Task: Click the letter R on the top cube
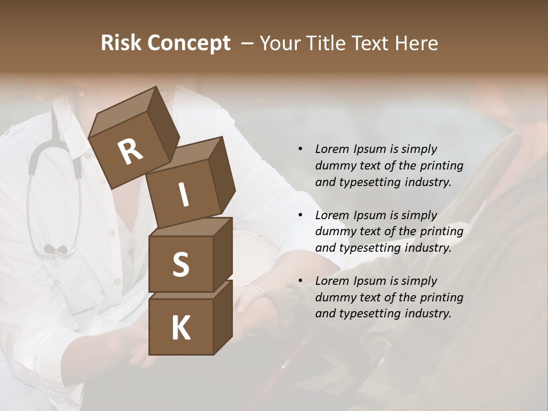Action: tap(130, 151)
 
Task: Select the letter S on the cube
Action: tap(180, 264)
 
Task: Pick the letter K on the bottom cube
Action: tap(180, 328)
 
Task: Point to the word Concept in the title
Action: tap(190, 43)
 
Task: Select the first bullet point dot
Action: tap(300, 149)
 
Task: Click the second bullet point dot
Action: tap(300, 215)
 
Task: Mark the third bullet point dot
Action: tap(300, 281)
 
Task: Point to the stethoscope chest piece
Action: tap(55, 249)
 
